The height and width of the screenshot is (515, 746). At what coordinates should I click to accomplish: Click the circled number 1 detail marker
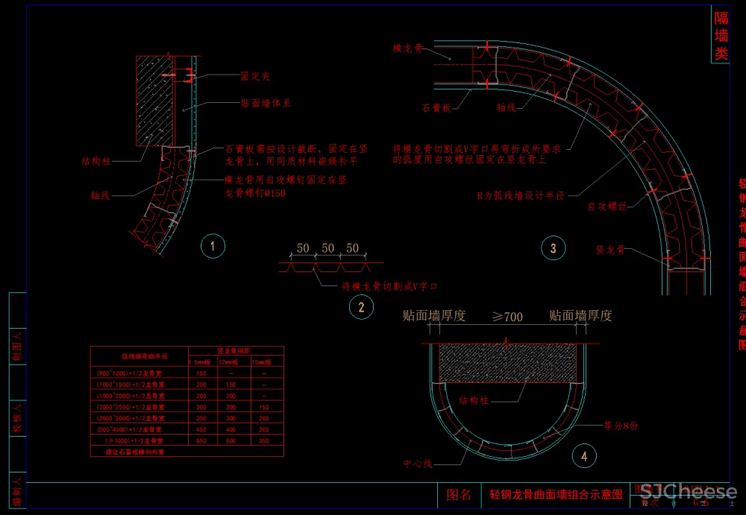coord(213,246)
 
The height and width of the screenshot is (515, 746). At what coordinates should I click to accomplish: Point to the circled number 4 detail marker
coord(584,455)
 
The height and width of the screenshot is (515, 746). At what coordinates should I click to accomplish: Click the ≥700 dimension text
coord(507,317)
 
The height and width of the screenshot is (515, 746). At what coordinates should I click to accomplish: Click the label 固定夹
coord(255,77)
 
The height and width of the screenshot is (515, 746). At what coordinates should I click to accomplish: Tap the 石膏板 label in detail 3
coord(436,108)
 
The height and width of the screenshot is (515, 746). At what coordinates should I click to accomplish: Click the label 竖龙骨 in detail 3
coord(610,250)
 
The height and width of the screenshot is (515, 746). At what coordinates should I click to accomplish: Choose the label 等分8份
coord(621,426)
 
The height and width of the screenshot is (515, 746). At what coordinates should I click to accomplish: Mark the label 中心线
coord(418,464)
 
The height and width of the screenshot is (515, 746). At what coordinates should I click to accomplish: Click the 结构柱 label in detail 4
coord(474,401)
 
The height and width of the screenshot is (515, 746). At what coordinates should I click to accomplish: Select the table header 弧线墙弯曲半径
coord(140,356)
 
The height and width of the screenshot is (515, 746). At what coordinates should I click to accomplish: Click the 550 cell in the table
coord(201,441)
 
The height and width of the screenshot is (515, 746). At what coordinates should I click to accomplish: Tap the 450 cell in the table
coord(201,430)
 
